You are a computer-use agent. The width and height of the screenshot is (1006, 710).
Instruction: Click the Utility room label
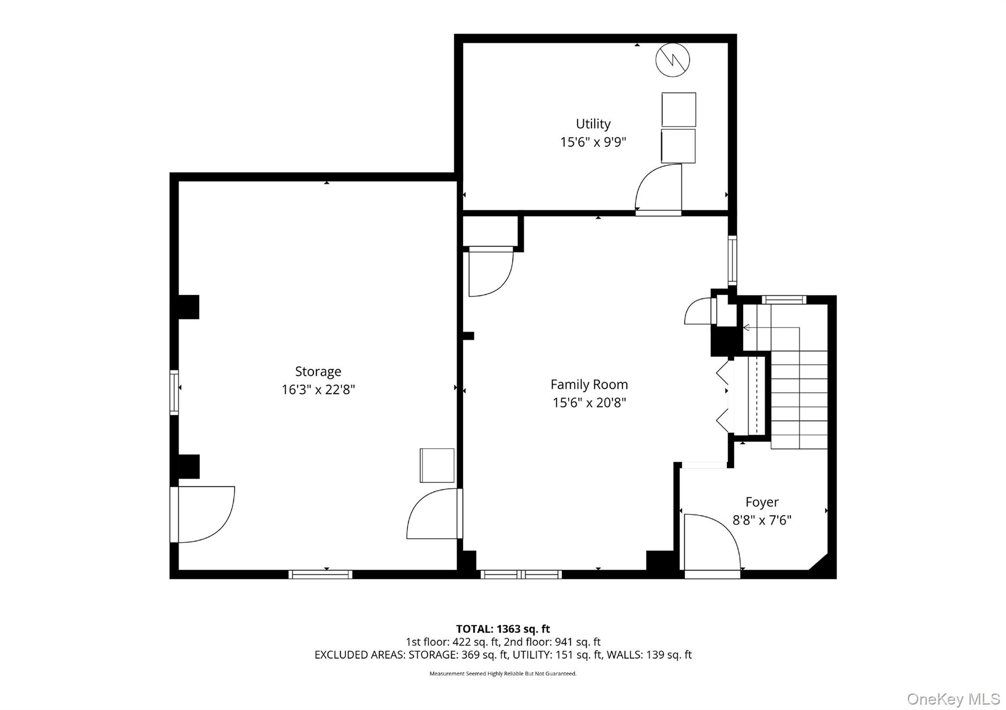(x=593, y=124)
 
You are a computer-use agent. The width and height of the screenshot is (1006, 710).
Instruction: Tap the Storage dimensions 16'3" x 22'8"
(x=318, y=390)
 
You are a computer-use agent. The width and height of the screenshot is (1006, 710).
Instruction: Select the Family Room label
(x=589, y=384)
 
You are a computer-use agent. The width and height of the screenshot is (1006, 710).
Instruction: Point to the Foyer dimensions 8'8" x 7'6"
(x=762, y=520)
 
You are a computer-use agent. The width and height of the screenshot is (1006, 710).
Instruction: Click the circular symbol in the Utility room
(x=672, y=60)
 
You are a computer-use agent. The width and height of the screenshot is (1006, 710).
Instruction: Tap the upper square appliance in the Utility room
(x=678, y=109)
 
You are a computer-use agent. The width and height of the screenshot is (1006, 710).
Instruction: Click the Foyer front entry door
(x=712, y=543)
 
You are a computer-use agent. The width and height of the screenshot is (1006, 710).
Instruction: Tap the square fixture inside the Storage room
(x=437, y=465)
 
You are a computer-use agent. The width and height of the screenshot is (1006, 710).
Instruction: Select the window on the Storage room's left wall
(x=174, y=392)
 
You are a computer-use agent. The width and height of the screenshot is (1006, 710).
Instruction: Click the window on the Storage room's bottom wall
(x=320, y=574)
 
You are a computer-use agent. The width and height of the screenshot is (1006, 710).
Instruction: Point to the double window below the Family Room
(x=521, y=574)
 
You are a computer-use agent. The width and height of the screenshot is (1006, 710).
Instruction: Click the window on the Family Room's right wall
(x=732, y=260)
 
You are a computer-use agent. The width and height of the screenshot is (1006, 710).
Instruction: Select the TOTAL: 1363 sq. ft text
(x=503, y=629)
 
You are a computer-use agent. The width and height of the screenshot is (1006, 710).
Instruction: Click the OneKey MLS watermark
(x=953, y=699)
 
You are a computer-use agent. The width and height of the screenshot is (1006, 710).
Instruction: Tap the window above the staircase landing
(x=783, y=300)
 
